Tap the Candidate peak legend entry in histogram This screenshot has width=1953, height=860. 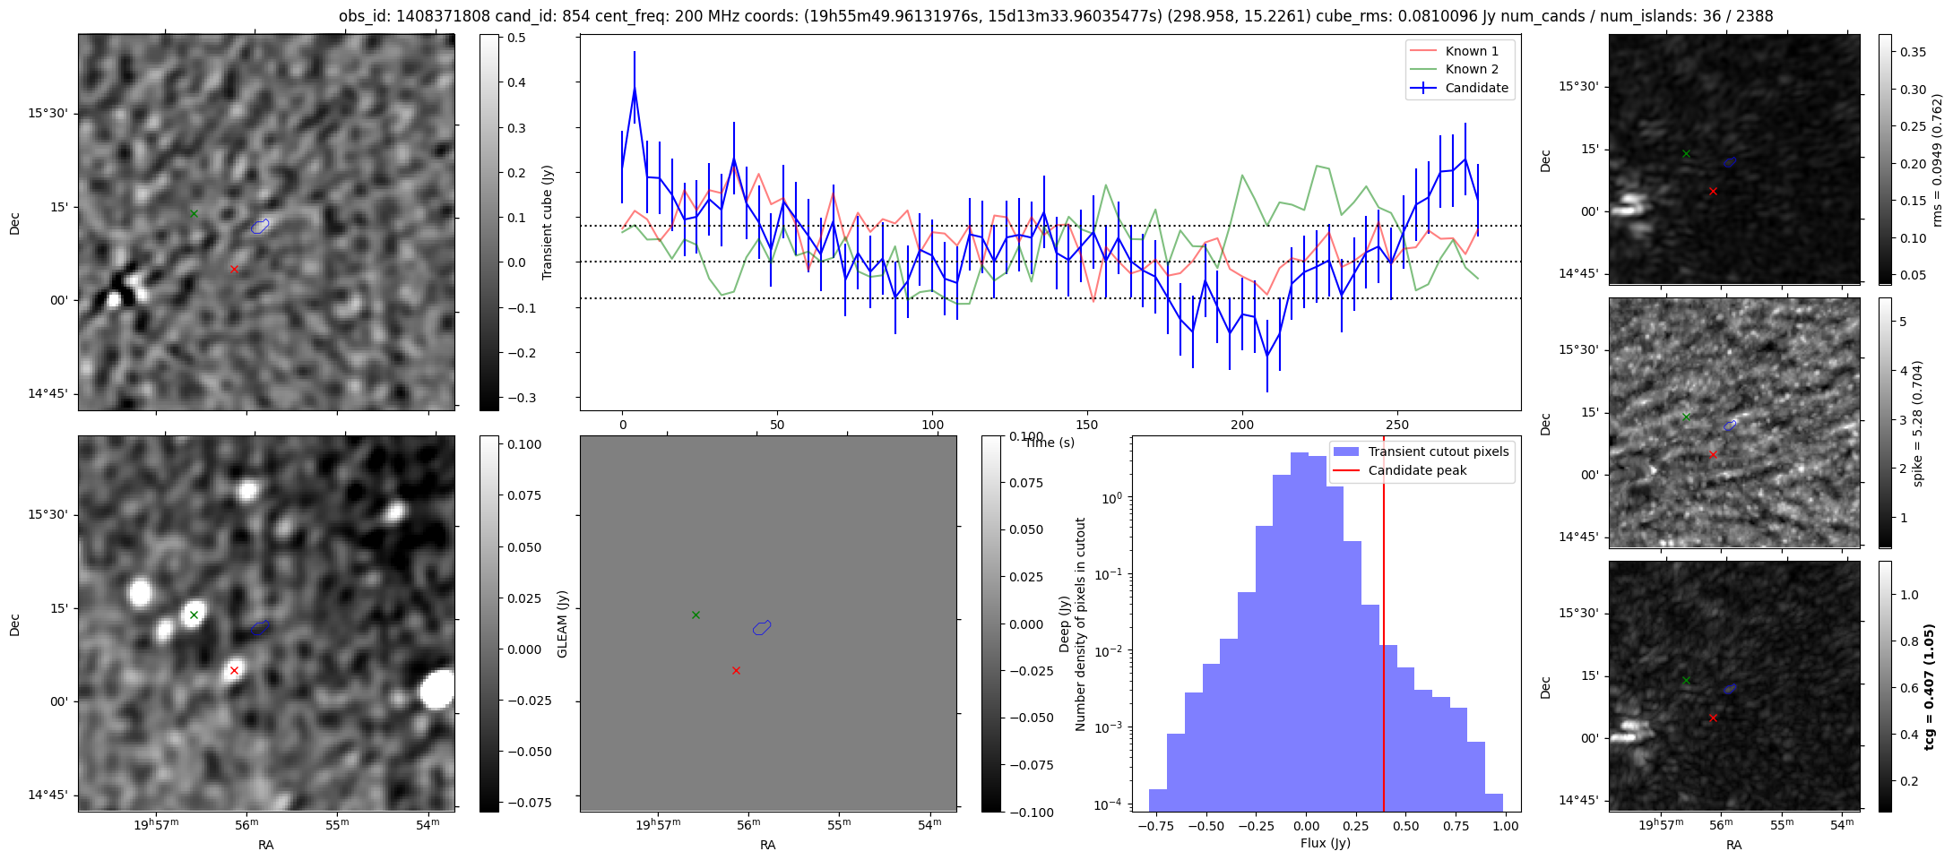pyautogui.click(x=1417, y=470)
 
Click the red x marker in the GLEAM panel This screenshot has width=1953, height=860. pyautogui.click(x=736, y=670)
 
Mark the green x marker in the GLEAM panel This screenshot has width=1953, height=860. pyautogui.click(x=696, y=615)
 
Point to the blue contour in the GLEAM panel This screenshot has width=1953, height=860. pyautogui.click(x=762, y=627)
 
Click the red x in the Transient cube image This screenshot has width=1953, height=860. pyautogui.click(x=234, y=269)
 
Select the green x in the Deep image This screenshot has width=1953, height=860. pyautogui.click(x=194, y=615)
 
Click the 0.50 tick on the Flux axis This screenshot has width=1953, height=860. pyautogui.click(x=1406, y=826)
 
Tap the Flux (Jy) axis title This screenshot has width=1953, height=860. pyautogui.click(x=1325, y=843)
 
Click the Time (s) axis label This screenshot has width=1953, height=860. pyautogui.click(x=1050, y=443)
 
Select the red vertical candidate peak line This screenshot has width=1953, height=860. pyautogui.click(x=1384, y=627)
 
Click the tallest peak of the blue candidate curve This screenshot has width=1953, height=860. pyautogui.click(x=635, y=88)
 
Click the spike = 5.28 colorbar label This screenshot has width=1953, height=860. pyautogui.click(x=1918, y=423)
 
